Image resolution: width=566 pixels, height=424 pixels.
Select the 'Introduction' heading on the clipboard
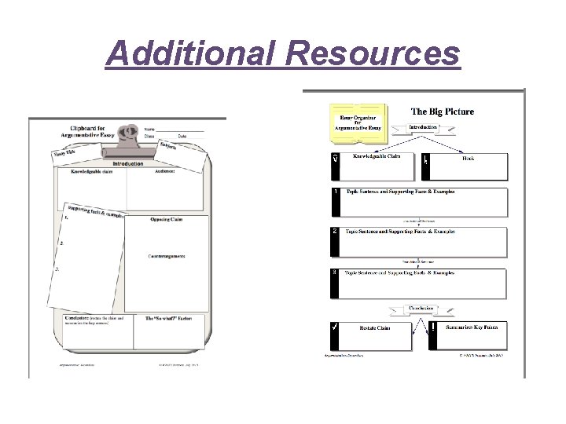[x=127, y=164]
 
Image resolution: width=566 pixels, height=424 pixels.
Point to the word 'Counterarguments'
[x=167, y=256]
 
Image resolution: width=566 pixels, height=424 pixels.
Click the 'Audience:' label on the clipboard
[x=165, y=171]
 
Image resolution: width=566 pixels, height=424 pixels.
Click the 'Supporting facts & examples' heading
[x=95, y=212]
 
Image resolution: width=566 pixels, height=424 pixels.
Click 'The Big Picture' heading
[x=442, y=111]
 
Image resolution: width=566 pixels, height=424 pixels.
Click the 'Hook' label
[x=467, y=158]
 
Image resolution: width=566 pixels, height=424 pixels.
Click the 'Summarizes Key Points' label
[x=469, y=326]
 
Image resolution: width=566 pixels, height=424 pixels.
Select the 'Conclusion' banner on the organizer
[x=417, y=309]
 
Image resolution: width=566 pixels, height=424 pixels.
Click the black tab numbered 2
[x=336, y=242]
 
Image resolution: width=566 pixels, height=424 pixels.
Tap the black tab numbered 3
[x=336, y=283]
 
